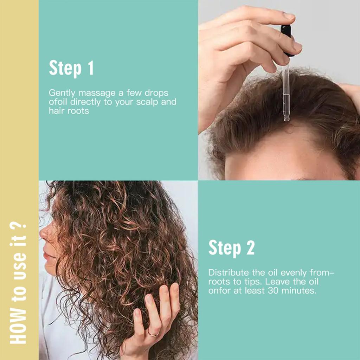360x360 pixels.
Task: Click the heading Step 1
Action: click(71, 68)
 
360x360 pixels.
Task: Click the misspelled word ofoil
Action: click(58, 102)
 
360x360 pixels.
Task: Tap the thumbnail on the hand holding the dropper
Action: click(289, 15)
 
